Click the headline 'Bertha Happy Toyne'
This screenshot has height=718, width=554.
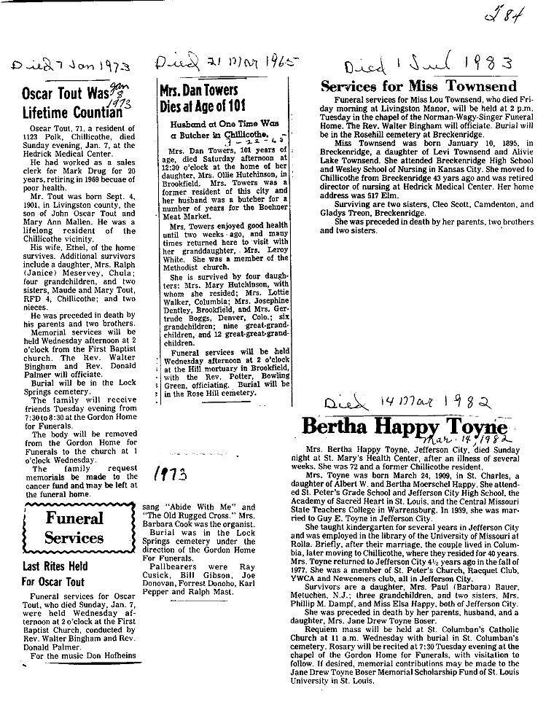point(402,425)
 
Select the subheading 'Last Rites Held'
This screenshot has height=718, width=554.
point(55,566)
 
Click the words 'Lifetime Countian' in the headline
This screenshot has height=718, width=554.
point(69,112)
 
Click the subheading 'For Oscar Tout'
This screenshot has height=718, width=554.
point(52,582)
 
